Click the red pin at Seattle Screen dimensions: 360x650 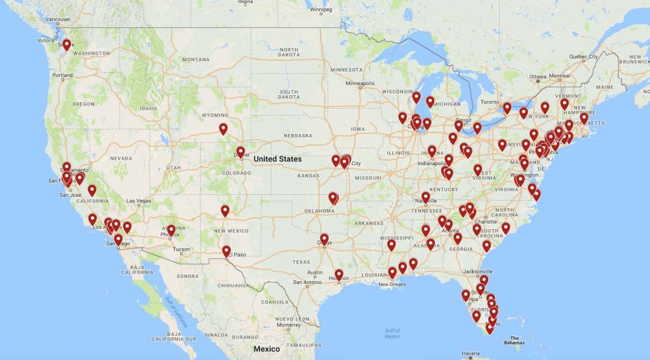67,44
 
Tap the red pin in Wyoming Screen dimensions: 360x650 223,128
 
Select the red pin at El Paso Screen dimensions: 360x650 227,251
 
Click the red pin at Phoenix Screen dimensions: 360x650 171,229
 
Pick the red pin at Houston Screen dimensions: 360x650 339,274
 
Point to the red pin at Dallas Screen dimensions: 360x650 324,239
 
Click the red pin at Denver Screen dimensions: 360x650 241,152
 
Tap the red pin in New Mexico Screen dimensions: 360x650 225,210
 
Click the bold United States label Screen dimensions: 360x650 277,159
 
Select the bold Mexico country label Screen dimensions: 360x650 267,349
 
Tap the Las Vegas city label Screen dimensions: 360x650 140,201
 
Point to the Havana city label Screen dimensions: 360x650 471,354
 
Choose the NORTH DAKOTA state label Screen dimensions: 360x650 289,52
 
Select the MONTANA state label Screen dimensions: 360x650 196,60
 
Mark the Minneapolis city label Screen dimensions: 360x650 359,84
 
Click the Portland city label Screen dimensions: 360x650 63,76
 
